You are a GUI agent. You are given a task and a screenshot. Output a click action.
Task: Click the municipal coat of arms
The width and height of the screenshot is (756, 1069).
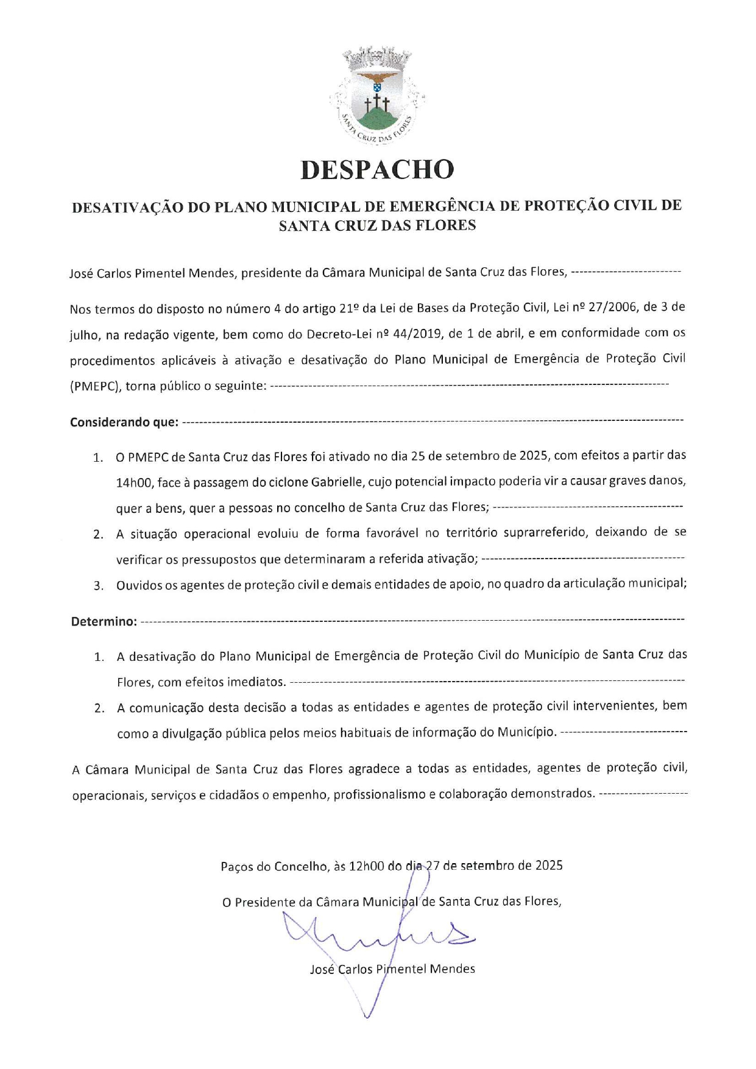point(377,96)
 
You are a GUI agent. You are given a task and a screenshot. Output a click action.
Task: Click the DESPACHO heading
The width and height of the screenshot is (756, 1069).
point(377,170)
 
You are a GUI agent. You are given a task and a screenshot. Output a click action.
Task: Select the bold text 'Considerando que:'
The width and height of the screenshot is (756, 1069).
point(124,422)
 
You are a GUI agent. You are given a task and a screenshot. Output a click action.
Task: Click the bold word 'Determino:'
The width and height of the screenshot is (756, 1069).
point(104,622)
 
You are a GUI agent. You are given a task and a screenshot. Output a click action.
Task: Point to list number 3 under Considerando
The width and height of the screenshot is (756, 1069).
point(98,586)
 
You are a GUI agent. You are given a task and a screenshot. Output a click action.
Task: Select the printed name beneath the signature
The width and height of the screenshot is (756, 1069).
point(392,969)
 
